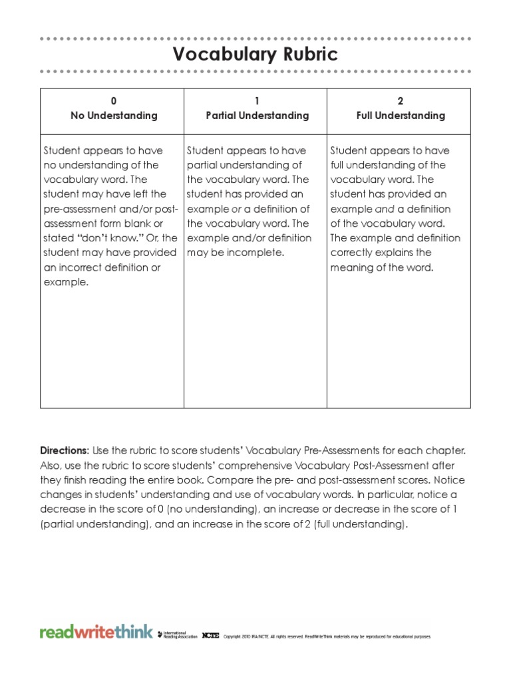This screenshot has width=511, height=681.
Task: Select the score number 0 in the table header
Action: (x=114, y=101)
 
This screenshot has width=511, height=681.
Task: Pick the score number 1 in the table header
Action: (x=257, y=101)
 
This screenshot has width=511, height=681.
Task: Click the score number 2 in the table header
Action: (x=400, y=101)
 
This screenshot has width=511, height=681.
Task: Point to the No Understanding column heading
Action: (x=114, y=116)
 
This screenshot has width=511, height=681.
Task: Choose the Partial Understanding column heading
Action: (x=257, y=116)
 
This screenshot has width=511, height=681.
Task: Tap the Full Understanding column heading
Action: (x=400, y=116)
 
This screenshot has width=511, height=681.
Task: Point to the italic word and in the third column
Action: (x=377, y=209)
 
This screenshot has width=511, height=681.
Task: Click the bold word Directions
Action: (x=64, y=451)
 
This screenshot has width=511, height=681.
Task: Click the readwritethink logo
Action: (x=96, y=632)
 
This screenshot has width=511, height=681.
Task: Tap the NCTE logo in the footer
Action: (x=210, y=635)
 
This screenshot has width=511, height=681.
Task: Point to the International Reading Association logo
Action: (x=176, y=634)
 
